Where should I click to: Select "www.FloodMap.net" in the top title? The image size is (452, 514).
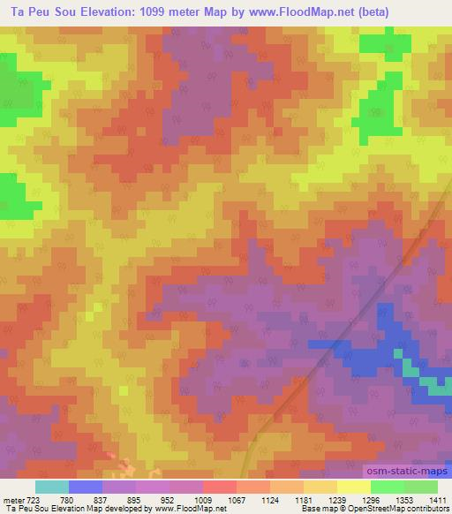[307, 10]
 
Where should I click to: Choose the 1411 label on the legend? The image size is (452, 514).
[438, 500]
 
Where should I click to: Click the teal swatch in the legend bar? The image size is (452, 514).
[52, 487]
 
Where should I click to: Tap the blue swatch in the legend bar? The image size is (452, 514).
[86, 487]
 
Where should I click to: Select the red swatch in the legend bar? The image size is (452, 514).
[220, 487]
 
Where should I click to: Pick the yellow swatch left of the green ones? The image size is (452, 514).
[354, 487]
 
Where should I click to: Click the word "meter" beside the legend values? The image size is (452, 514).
[12, 500]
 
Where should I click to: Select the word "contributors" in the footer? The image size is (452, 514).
[428, 510]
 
